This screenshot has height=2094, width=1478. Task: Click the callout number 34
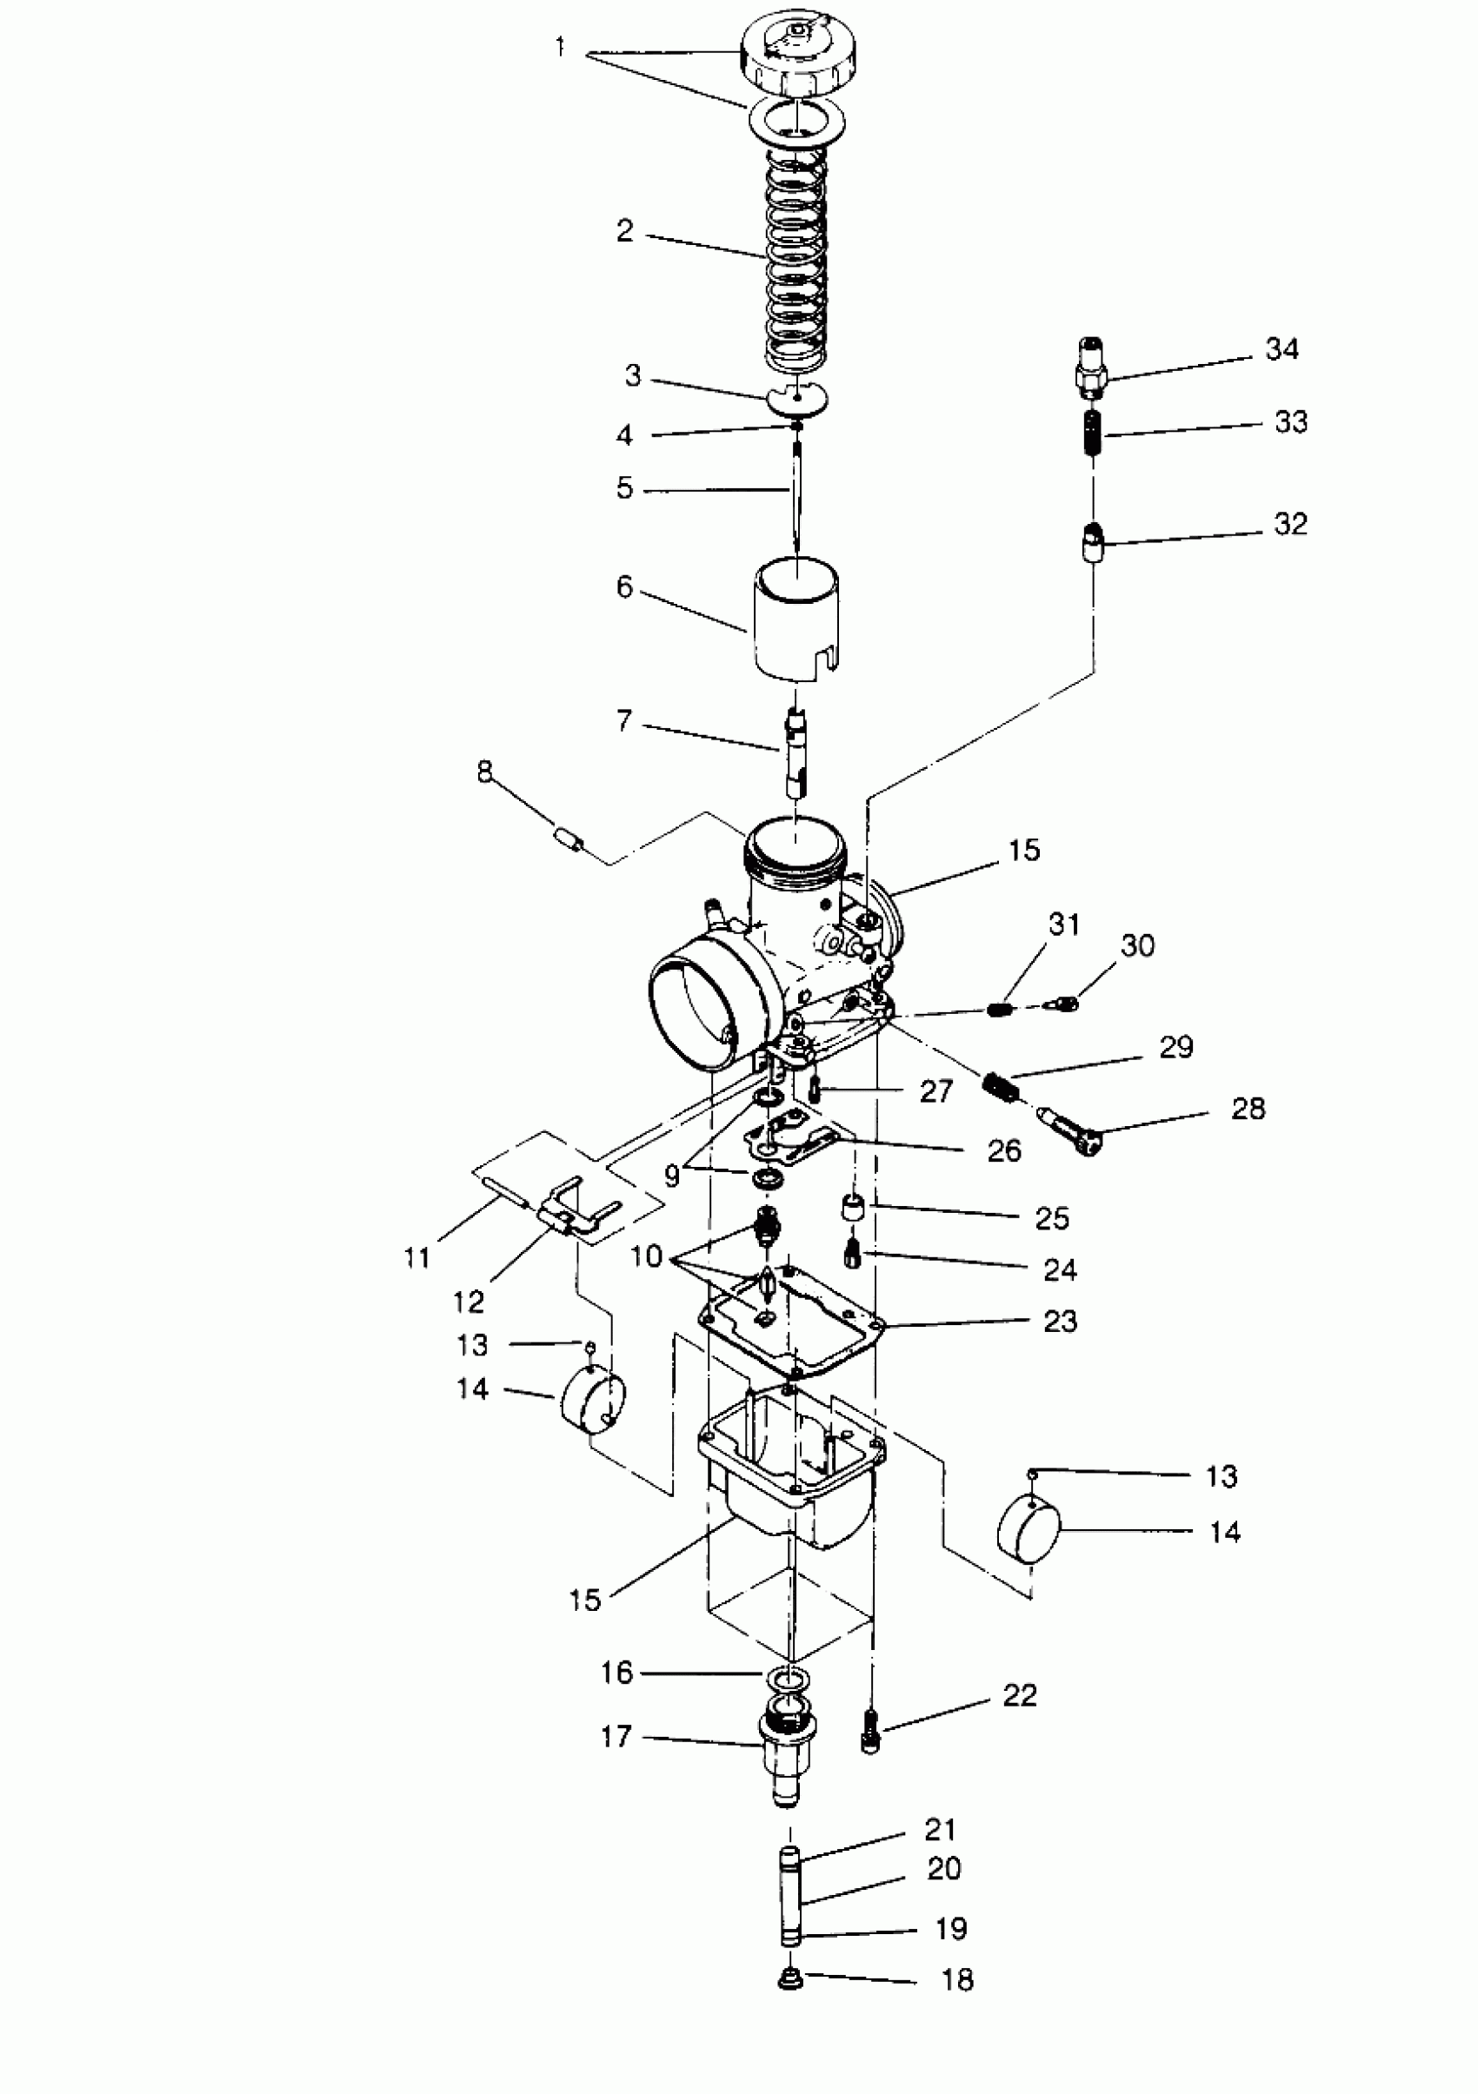(1281, 348)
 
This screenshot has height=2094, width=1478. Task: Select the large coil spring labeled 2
(796, 264)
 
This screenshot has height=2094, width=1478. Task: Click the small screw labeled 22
(870, 1730)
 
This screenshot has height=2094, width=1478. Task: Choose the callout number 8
(484, 772)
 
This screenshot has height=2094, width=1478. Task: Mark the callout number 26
(1003, 1150)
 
